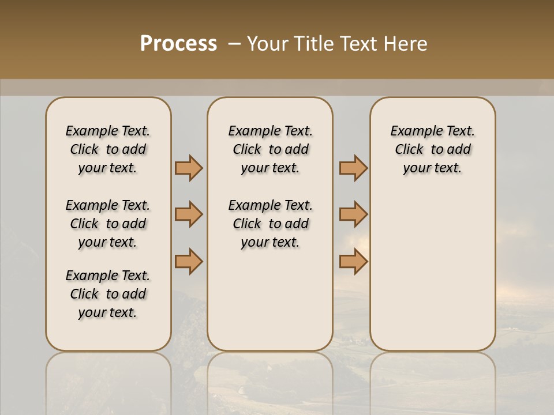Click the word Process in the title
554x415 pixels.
click(x=178, y=44)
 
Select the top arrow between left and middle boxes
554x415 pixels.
click(x=189, y=168)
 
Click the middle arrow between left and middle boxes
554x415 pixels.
click(x=189, y=214)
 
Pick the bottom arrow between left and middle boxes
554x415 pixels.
click(x=189, y=261)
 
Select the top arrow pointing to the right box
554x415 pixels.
click(x=353, y=168)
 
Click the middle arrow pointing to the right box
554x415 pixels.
click(x=353, y=214)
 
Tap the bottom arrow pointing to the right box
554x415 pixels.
click(x=353, y=261)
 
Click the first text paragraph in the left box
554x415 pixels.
click(x=108, y=149)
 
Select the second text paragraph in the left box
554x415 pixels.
click(x=108, y=224)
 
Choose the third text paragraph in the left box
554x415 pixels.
click(x=108, y=294)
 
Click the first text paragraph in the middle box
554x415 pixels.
click(x=270, y=149)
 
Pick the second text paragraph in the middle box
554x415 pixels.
click(x=270, y=224)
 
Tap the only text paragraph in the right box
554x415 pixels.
click(x=433, y=149)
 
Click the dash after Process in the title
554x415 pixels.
click(x=234, y=44)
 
